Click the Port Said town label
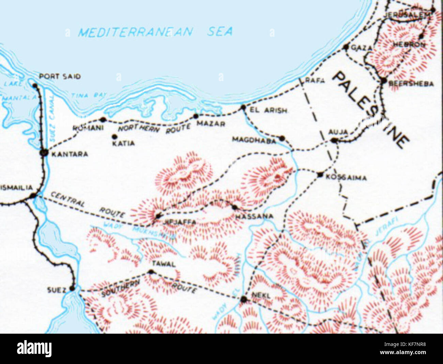[x=60, y=76]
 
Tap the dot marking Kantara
[x=44, y=153]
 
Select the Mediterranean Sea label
[x=155, y=32]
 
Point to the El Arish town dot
[x=243, y=107]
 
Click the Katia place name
[x=123, y=143]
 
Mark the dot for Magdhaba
[x=282, y=138]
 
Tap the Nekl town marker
[x=243, y=300]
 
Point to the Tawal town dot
[x=151, y=272]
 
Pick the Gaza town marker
[x=346, y=47]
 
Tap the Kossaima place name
[x=346, y=178]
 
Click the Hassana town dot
[x=234, y=207]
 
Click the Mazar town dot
[x=196, y=116]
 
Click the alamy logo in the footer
[x=34, y=349]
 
